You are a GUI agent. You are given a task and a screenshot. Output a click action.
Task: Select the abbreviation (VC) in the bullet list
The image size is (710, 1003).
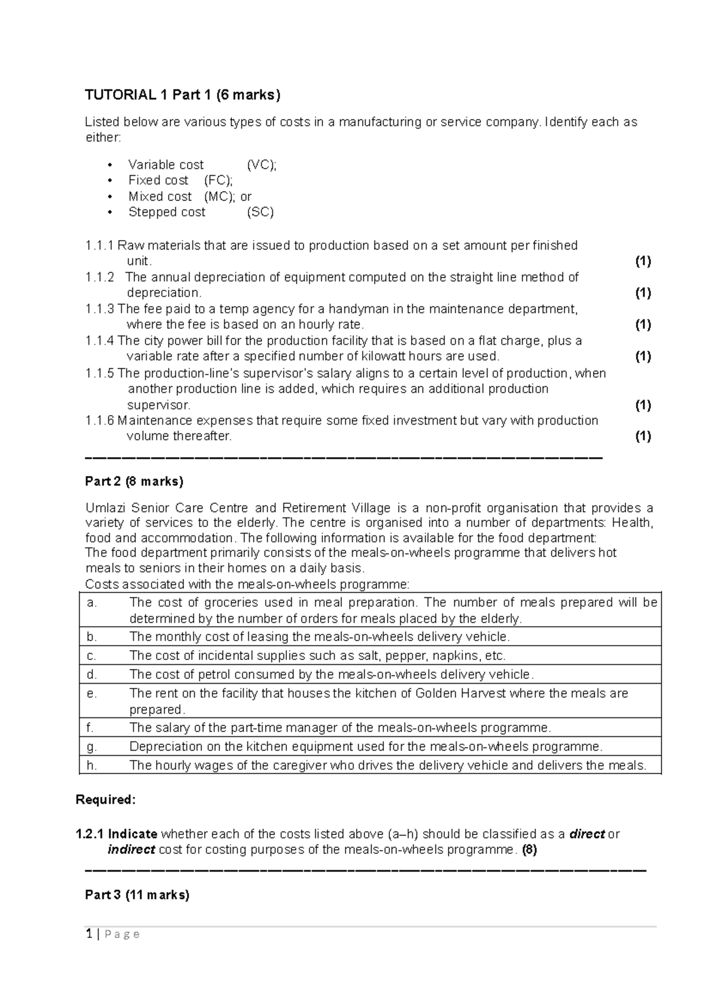(x=262, y=165)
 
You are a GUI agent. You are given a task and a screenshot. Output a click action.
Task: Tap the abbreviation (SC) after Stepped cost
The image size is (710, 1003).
(x=260, y=212)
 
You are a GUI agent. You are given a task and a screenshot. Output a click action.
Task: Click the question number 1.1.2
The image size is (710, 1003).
(x=99, y=277)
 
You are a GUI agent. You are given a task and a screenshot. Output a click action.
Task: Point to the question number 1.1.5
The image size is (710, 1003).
(x=99, y=373)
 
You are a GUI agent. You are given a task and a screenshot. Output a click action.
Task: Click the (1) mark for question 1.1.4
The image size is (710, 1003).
(x=643, y=356)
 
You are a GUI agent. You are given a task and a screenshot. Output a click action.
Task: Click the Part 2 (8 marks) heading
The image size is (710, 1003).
(x=134, y=481)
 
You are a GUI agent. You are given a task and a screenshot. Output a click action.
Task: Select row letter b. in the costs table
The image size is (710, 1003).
(x=91, y=637)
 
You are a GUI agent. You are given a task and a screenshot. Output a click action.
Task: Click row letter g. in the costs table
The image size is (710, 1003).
(x=91, y=746)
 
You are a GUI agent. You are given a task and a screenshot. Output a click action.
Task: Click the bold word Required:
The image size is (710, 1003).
(x=106, y=800)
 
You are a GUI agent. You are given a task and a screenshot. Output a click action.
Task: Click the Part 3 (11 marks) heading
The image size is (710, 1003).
(x=137, y=895)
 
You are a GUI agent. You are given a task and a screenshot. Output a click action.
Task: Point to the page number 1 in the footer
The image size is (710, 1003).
(x=89, y=934)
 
